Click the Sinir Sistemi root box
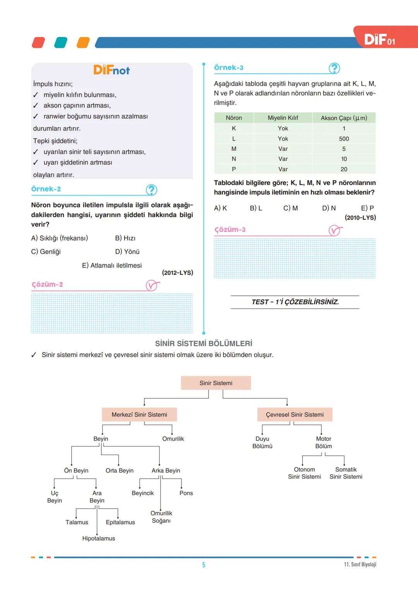(x=216, y=383)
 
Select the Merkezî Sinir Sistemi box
(x=139, y=414)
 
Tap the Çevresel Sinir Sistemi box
(x=295, y=414)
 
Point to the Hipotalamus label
(x=99, y=538)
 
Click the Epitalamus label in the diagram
(x=120, y=522)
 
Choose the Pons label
(x=186, y=493)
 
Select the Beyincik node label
(x=142, y=493)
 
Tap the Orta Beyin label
(x=120, y=471)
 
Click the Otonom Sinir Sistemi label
(x=304, y=473)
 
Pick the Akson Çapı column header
(x=344, y=118)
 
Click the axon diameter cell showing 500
(x=344, y=138)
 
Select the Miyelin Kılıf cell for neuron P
(x=283, y=169)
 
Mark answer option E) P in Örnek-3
(x=367, y=208)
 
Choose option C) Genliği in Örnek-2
(x=46, y=252)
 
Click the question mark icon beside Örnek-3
(x=334, y=68)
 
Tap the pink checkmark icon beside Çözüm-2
(x=152, y=286)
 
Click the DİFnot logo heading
(x=111, y=70)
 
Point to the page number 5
(x=204, y=565)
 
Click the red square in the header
(x=38, y=43)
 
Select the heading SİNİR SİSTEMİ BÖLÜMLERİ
(x=204, y=343)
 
